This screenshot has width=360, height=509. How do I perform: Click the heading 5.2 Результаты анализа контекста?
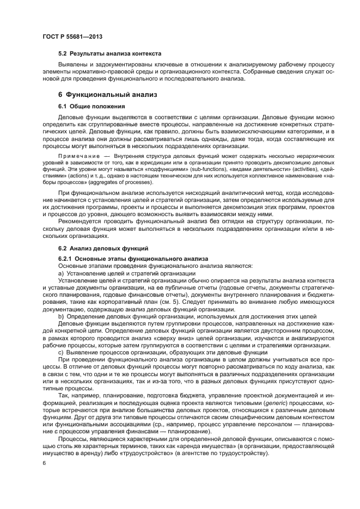pos(109,54)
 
